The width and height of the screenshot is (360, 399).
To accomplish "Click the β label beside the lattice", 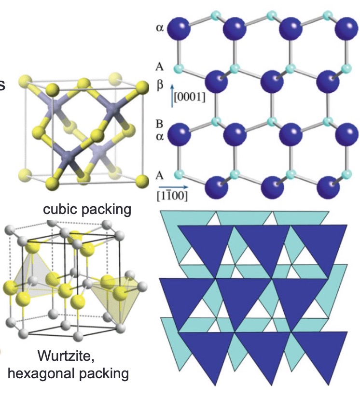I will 161,85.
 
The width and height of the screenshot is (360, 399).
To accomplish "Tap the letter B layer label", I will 160,123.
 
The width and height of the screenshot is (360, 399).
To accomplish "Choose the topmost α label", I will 160,28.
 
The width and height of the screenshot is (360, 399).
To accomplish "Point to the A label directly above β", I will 160,67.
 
